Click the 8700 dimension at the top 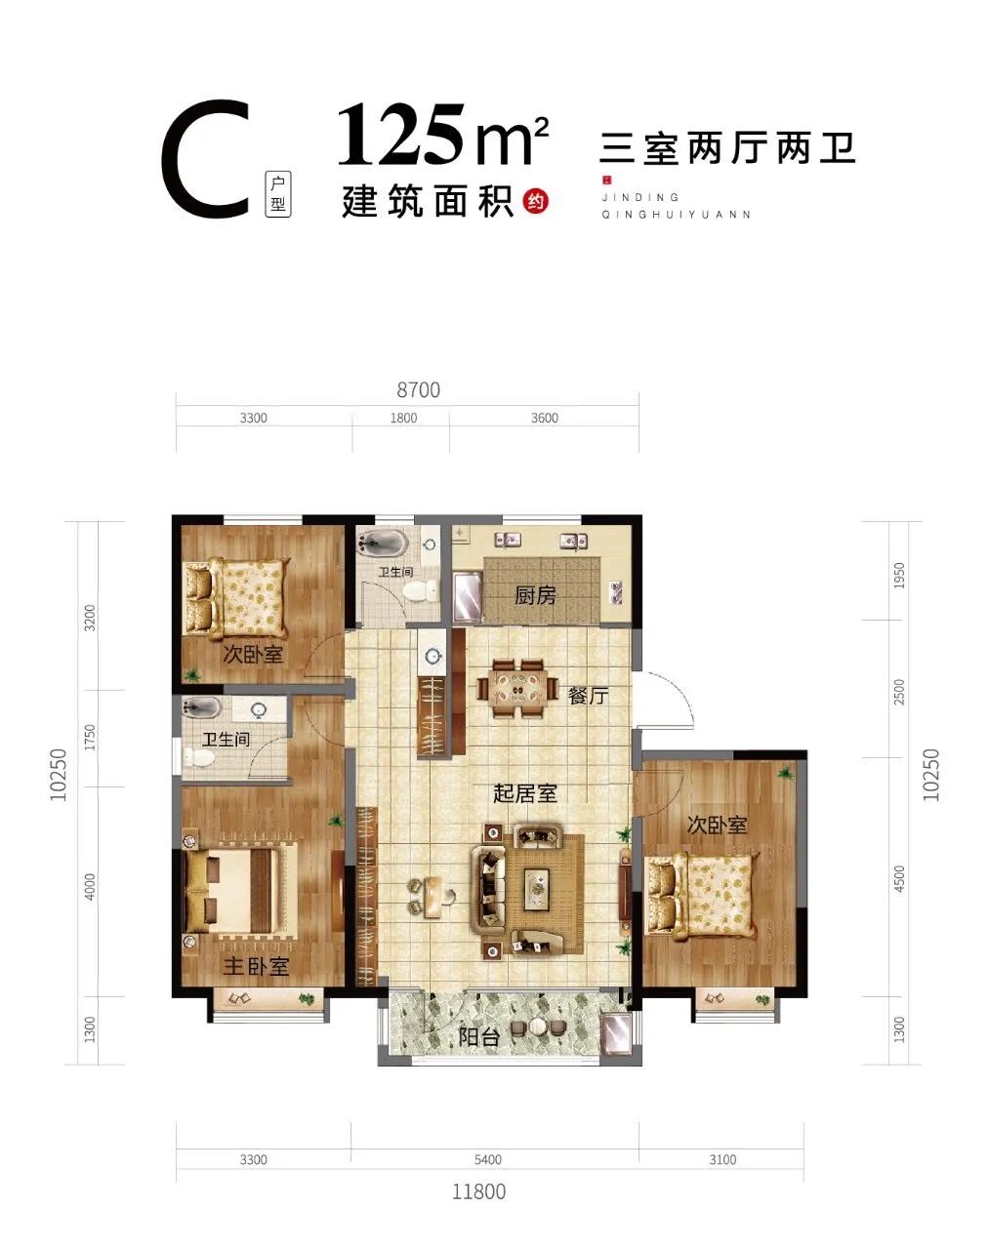(418, 390)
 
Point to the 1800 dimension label (403, 418)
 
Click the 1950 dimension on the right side (899, 576)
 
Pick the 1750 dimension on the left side (90, 737)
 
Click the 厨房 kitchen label (535, 595)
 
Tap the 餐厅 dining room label (589, 696)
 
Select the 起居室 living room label (525, 793)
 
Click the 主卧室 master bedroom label (256, 966)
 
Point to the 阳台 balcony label (479, 1036)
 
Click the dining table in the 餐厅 (517, 688)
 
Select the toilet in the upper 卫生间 (422, 591)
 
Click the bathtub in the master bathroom (201, 707)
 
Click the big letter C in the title (206, 160)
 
